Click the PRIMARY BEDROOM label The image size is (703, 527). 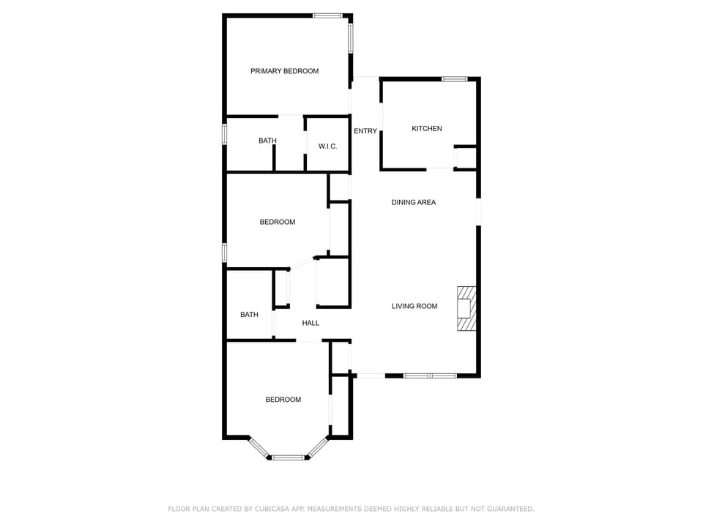[284, 71]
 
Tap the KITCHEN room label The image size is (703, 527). [426, 129]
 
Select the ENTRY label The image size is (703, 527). [365, 132]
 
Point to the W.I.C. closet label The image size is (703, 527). [327, 146]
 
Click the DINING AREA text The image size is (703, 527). [413, 203]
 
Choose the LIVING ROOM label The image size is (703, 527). [414, 307]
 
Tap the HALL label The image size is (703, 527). [310, 323]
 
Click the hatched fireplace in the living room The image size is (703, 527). [466, 309]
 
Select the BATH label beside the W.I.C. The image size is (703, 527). [267, 141]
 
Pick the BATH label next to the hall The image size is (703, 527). [249, 315]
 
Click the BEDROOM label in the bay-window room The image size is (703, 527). [283, 400]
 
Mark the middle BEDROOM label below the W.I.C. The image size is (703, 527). [277, 222]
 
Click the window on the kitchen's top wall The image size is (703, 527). [454, 79]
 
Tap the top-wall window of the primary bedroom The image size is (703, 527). [327, 15]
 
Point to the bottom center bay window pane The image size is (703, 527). [288, 457]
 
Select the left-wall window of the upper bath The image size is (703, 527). [225, 134]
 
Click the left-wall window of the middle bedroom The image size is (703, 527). [225, 252]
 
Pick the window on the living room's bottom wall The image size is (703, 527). [430, 376]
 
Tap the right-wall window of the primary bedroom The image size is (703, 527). [351, 38]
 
